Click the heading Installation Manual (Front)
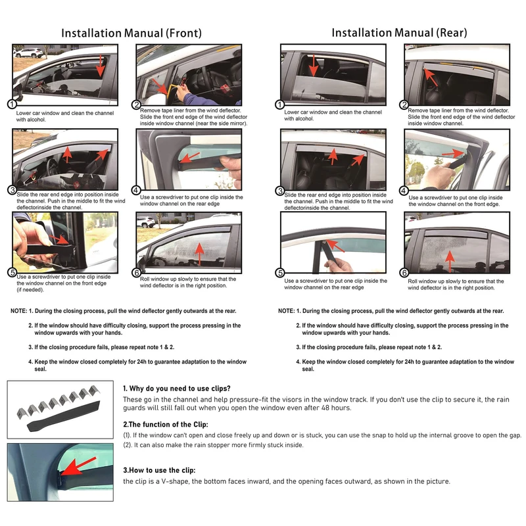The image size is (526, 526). tap(131, 32)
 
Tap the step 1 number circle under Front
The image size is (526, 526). tap(11, 105)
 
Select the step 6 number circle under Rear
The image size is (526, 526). tap(404, 272)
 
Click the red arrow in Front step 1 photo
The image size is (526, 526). tap(100, 65)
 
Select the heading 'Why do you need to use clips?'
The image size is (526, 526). tap(177, 388)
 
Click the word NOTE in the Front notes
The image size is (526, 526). tap(18, 311)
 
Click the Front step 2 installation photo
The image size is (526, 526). tap(181, 73)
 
